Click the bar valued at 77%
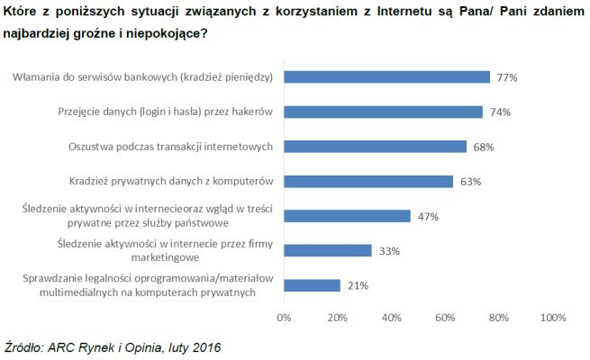pos(387,77)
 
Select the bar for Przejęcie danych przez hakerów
pos(383,112)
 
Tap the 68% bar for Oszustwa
pos(376,147)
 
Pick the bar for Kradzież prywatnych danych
pos(368,181)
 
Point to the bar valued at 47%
pos(347,216)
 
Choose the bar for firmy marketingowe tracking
pos(328,250)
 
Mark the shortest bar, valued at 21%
pos(312,285)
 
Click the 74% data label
pos(501,112)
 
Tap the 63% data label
pos(471,182)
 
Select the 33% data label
pos(390,251)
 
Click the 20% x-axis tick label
pos(337,317)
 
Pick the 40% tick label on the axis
pos(391,317)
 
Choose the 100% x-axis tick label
pos(550,317)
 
